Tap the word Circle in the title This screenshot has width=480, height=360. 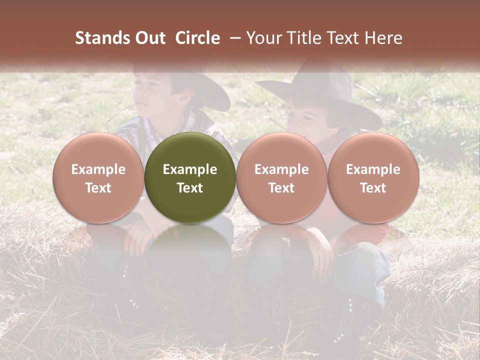197,38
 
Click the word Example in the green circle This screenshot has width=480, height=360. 190,169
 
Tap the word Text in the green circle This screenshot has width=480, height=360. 190,188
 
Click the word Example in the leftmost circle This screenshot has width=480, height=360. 98,169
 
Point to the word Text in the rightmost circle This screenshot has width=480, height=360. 373,188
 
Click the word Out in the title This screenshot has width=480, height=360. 149,38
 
